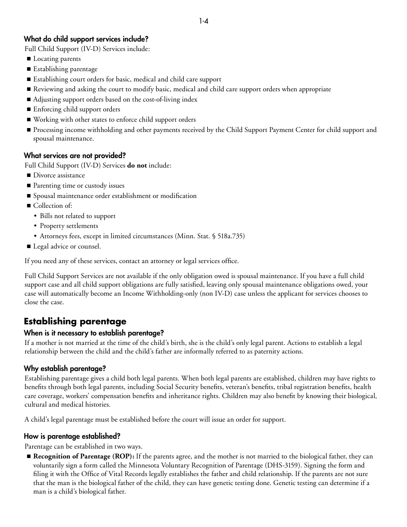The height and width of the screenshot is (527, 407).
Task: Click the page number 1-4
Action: pos(203,21)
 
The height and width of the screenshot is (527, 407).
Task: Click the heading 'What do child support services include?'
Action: pos(86,39)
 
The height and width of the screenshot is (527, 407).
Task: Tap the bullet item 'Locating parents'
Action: pos(57,59)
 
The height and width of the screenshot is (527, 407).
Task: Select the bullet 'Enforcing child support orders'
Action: pos(77,109)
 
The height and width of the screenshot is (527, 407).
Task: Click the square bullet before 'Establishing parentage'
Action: pos(29,69)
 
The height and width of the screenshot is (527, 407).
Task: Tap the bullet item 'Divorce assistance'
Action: pos(59,175)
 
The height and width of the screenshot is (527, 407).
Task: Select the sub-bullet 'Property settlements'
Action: pos(69,226)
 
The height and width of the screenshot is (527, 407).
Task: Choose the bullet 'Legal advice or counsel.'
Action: pos(67,246)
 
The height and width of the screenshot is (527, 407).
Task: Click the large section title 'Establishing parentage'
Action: pos(75,321)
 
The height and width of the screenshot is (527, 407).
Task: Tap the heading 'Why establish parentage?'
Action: pos(65,368)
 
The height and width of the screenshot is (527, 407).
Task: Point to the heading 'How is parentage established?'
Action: pos(72,436)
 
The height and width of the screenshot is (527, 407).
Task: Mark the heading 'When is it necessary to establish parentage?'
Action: pos(94,333)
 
